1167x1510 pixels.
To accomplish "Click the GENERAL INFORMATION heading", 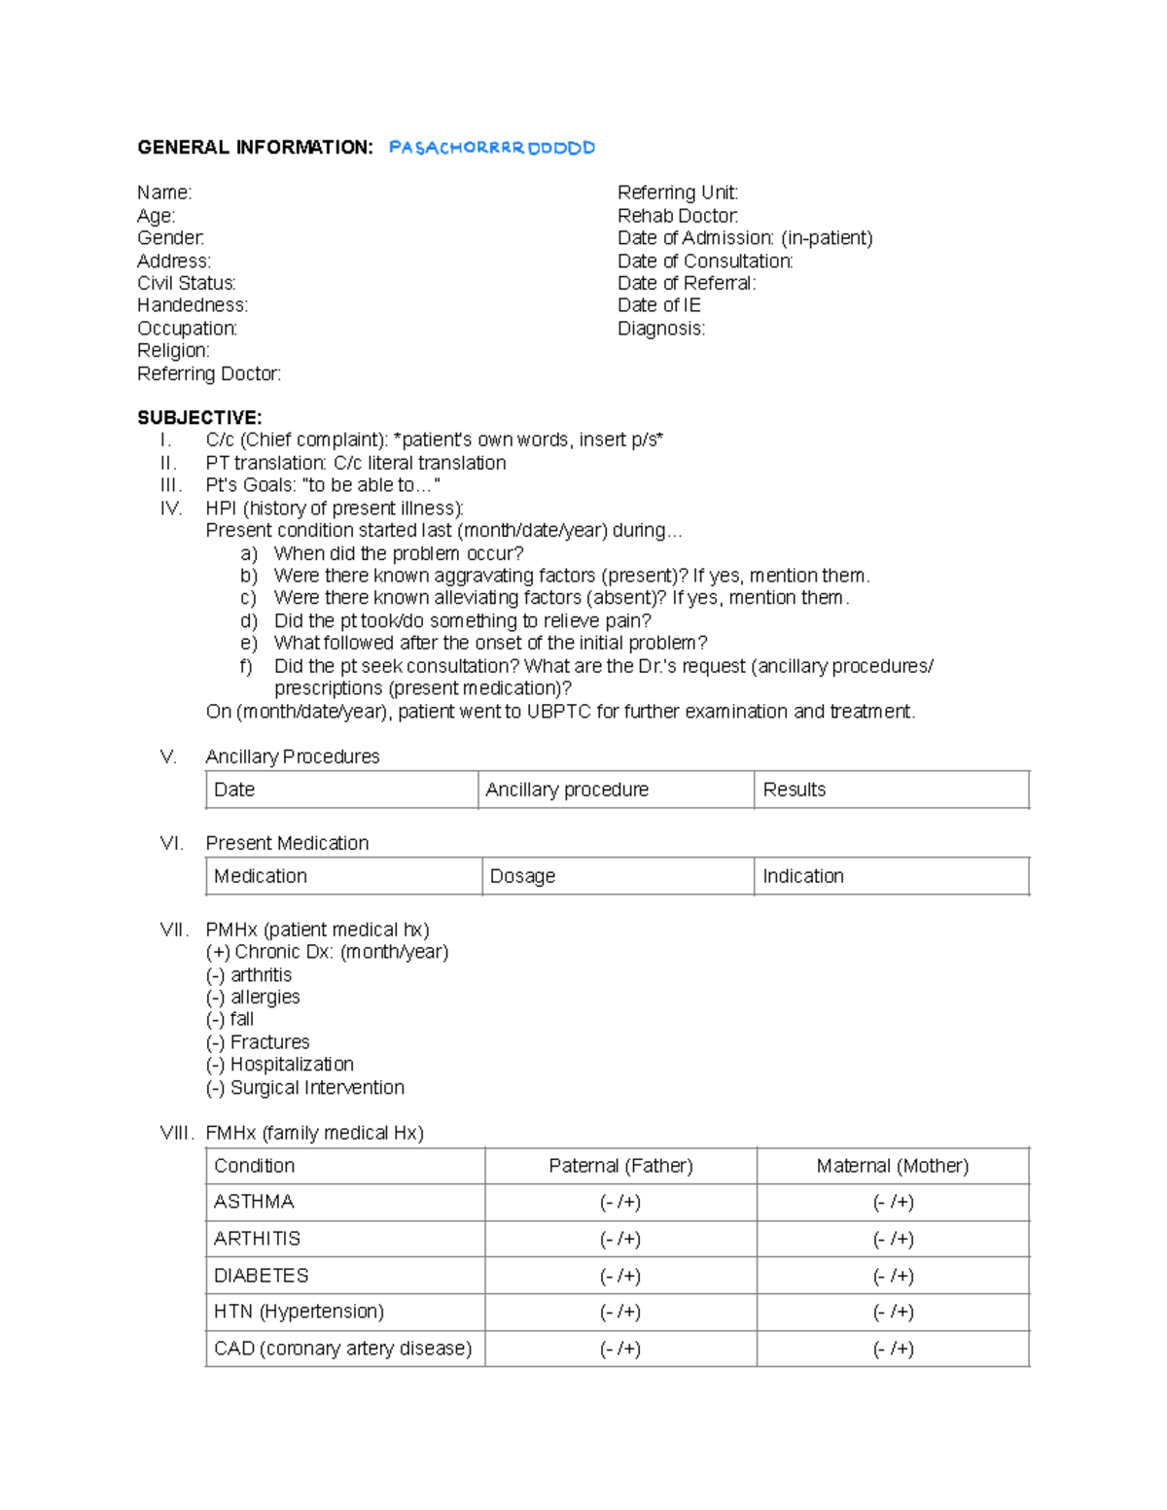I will click(x=255, y=148).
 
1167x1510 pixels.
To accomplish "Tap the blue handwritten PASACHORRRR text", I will click(x=491, y=148).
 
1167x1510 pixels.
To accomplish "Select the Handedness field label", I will click(x=193, y=305).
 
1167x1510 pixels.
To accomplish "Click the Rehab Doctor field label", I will click(x=678, y=216).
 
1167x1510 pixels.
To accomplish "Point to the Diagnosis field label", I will click(x=661, y=329).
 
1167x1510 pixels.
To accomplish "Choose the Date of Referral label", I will click(x=687, y=283).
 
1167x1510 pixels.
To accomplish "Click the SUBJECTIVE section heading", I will click(x=199, y=418).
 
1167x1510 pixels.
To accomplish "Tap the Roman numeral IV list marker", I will click(x=171, y=509).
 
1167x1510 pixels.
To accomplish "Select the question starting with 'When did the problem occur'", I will click(x=399, y=553).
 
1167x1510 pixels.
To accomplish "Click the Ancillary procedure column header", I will click(x=567, y=790).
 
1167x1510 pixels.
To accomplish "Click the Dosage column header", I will click(x=523, y=876).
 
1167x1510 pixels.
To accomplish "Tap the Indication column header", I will click(x=803, y=876).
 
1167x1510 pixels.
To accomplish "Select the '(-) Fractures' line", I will click(x=258, y=1042).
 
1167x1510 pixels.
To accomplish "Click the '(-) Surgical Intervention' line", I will click(x=305, y=1088).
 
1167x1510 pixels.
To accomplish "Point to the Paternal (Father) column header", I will click(x=620, y=1166).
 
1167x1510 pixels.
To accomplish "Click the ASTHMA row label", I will click(x=254, y=1202).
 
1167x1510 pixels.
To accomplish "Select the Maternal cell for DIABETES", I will click(x=893, y=1276).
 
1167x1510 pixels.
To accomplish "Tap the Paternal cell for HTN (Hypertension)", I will click(x=620, y=1312).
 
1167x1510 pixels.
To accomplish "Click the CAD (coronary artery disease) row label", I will click(x=342, y=1349).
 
